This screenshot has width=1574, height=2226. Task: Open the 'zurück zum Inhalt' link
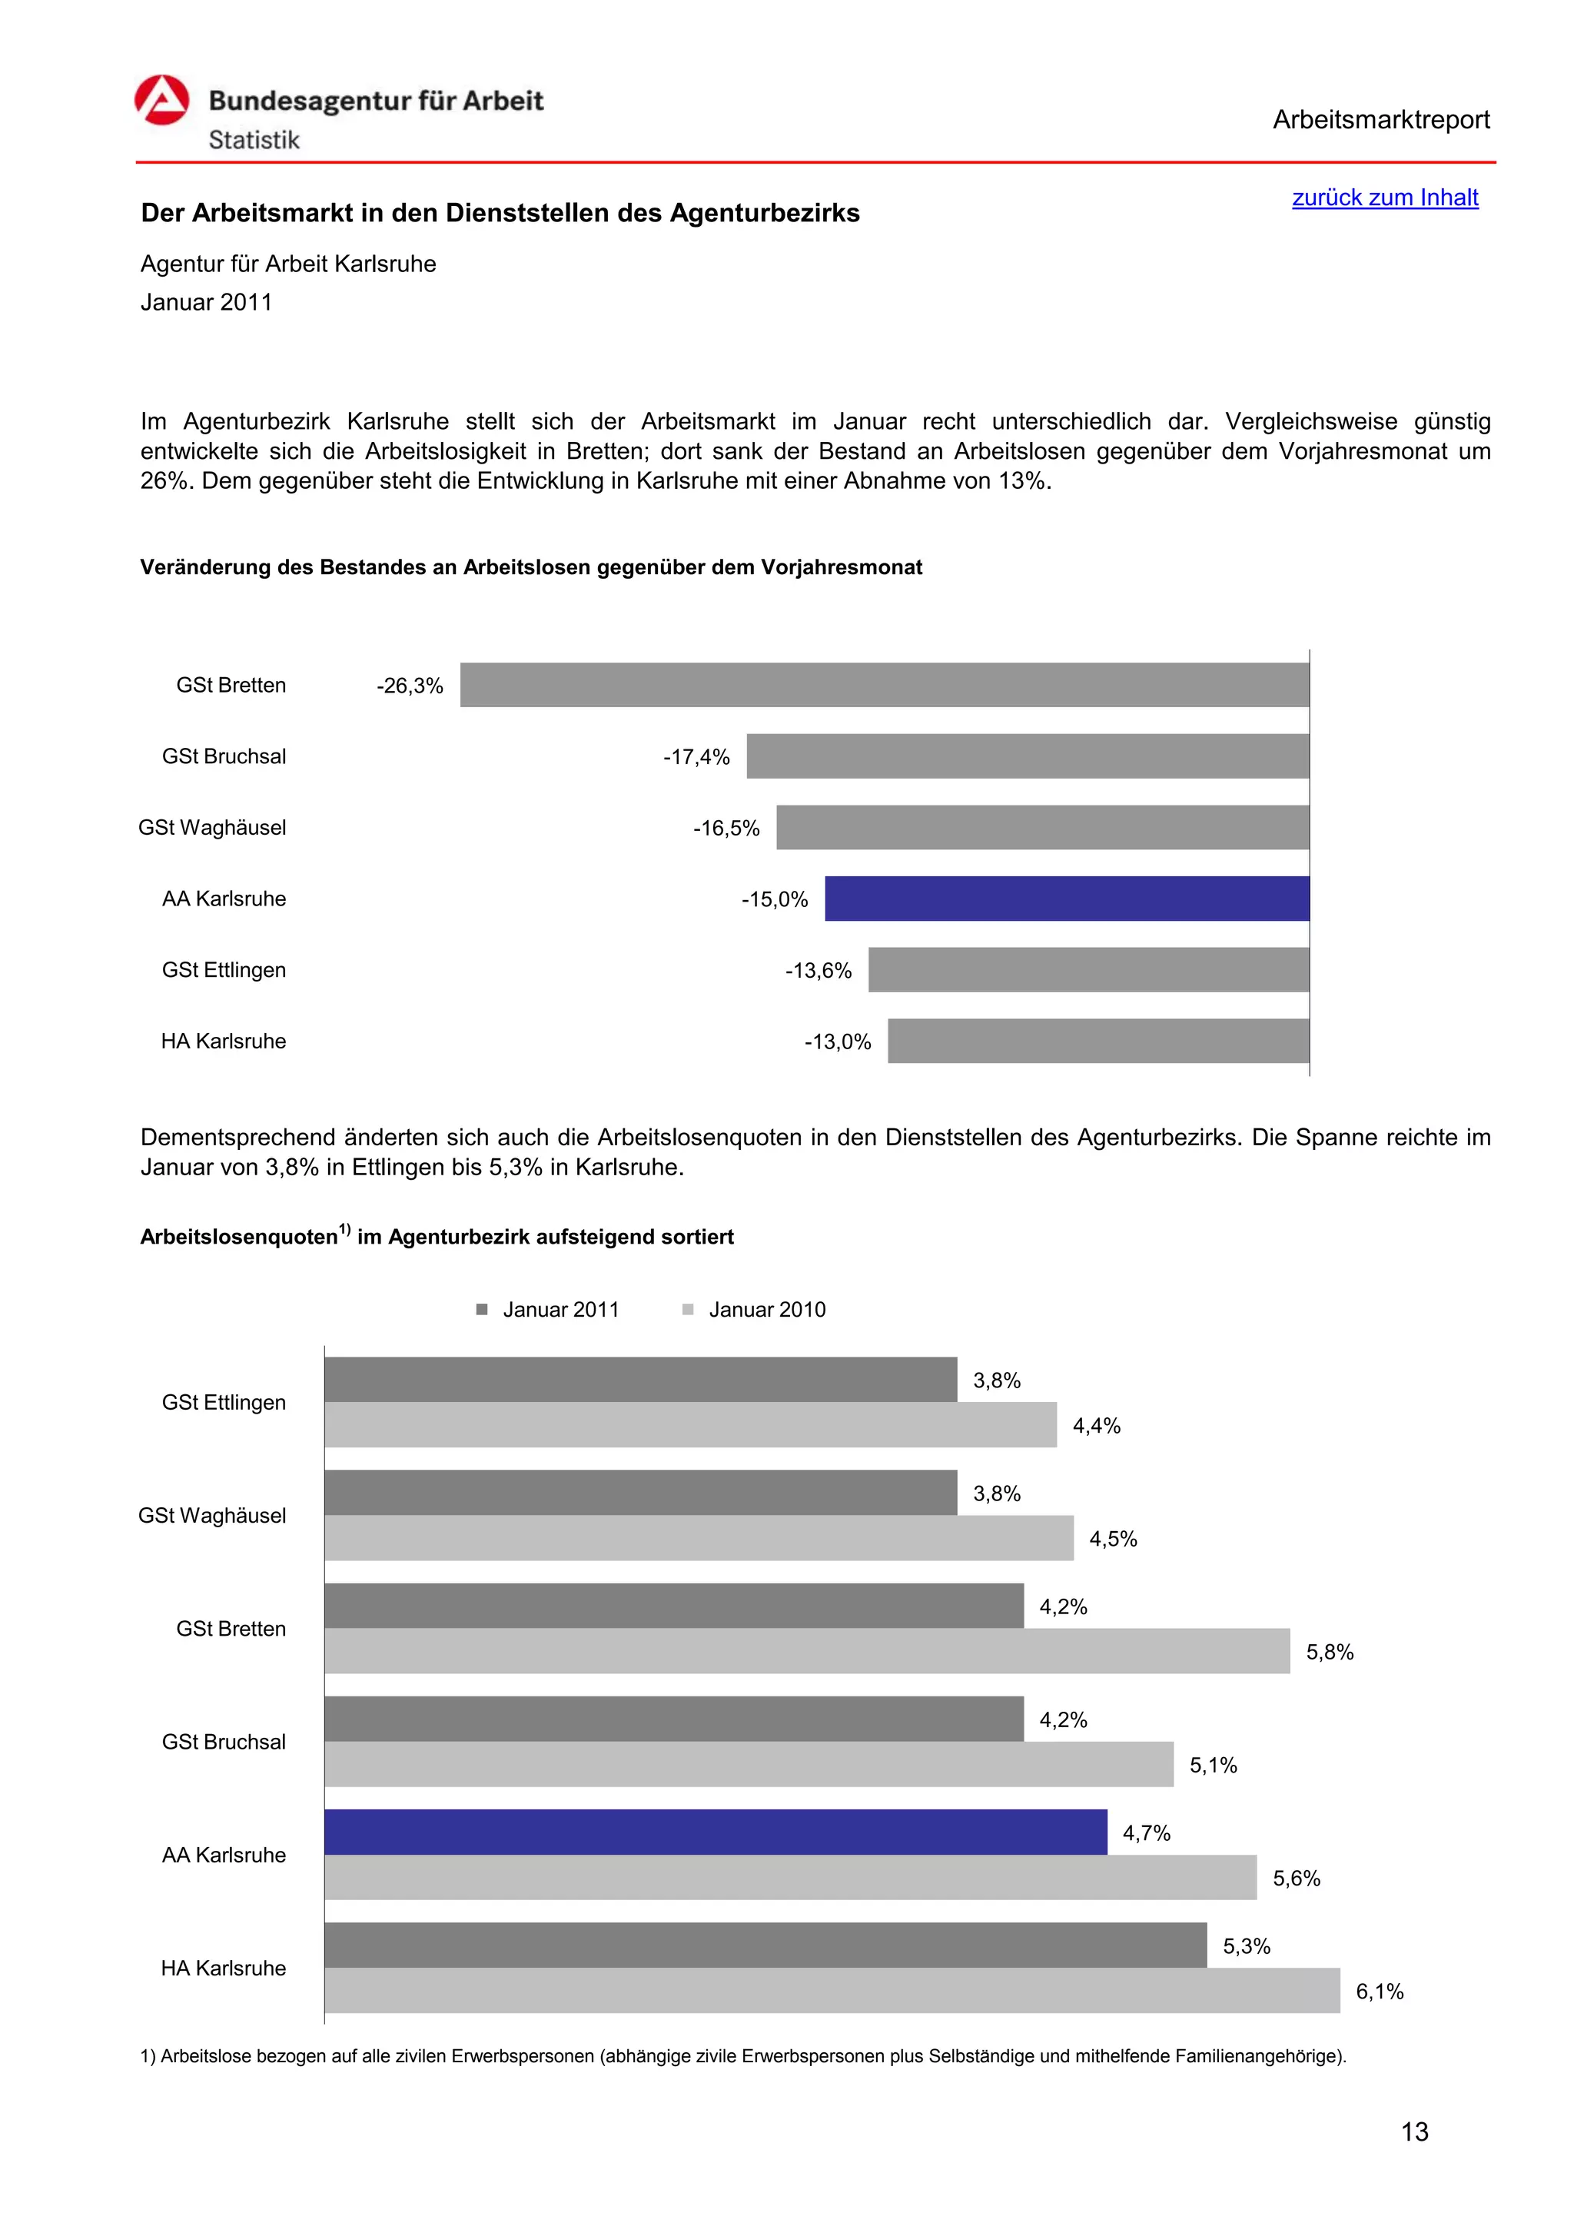(x=1384, y=198)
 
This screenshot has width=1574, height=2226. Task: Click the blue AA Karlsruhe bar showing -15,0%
(x=1066, y=899)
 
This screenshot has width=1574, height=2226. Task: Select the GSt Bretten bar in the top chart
(x=884, y=684)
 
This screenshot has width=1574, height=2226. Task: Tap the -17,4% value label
(x=696, y=757)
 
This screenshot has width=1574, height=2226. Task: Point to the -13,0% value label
(x=838, y=1042)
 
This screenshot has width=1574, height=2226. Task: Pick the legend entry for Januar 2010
(x=755, y=1310)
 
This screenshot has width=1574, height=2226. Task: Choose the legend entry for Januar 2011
(x=549, y=1310)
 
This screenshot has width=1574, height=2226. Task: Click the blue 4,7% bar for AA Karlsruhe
(x=716, y=1832)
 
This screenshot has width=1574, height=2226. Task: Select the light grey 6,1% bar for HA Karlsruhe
(x=832, y=1992)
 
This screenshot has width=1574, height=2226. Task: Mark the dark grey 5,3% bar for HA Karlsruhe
(x=765, y=1945)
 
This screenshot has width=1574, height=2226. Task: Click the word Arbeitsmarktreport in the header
(x=1380, y=120)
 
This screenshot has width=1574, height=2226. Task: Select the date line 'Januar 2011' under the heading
(x=207, y=303)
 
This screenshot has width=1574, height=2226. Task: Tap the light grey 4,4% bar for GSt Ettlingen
(x=690, y=1425)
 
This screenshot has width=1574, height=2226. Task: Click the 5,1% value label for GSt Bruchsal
(x=1214, y=1766)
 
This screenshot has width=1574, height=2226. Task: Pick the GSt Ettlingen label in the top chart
(x=224, y=971)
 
